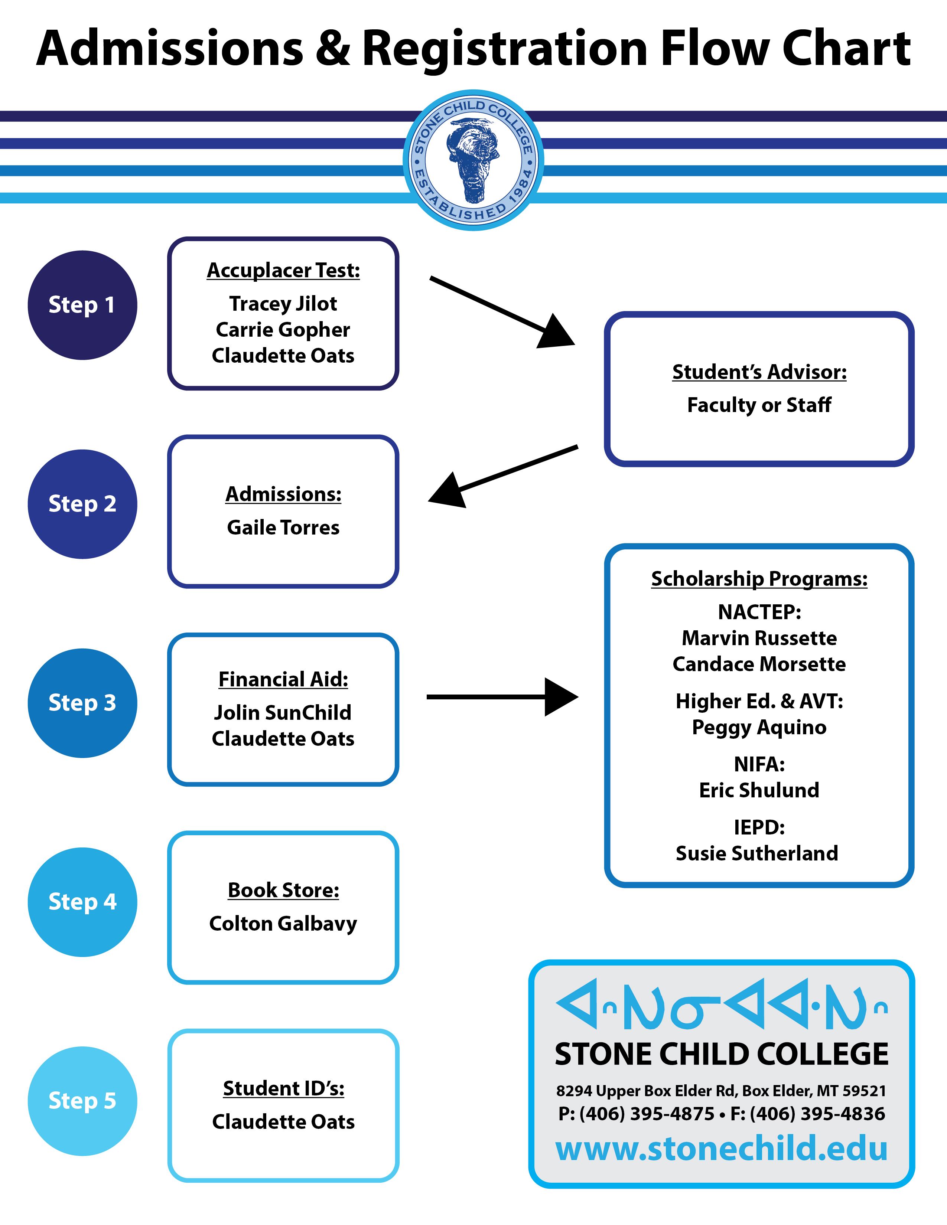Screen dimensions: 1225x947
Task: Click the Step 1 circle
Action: [82, 305]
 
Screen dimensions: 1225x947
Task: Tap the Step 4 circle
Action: [82, 902]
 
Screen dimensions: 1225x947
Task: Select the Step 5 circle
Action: [82, 1101]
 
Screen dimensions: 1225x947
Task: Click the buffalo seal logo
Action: [473, 160]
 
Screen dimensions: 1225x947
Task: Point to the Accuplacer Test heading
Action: [283, 270]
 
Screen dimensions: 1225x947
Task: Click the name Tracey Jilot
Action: [283, 303]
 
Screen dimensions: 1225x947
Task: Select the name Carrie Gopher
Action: [283, 330]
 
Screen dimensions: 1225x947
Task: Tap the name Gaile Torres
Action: [283, 527]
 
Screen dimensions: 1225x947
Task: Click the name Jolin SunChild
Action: [283, 712]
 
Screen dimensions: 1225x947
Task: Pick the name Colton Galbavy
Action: [283, 923]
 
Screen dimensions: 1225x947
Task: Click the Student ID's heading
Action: [283, 1088]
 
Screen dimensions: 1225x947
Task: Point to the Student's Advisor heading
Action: [759, 372]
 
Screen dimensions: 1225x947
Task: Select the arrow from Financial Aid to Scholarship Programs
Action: [502, 697]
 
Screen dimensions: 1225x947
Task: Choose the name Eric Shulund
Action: [759, 790]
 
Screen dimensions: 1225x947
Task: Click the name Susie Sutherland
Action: [757, 853]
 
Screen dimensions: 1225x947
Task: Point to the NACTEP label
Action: [759, 612]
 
